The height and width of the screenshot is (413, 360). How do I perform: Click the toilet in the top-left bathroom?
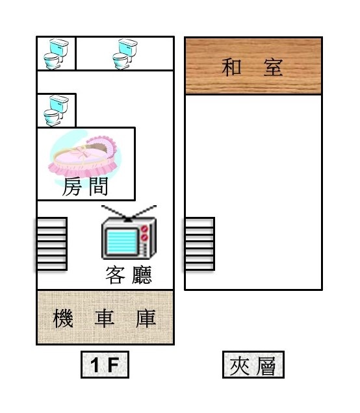click(56, 54)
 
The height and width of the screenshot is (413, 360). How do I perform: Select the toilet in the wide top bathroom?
click(125, 54)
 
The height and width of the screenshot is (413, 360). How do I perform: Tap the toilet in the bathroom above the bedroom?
click(56, 110)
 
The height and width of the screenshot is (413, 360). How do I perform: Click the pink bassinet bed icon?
click(83, 156)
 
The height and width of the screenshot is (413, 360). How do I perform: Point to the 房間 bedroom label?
click(85, 186)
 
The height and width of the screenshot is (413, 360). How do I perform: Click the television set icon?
click(129, 232)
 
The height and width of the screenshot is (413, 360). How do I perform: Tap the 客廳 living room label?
click(129, 275)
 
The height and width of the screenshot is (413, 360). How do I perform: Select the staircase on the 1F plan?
click(51, 244)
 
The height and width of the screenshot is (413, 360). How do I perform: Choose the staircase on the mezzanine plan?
click(199, 244)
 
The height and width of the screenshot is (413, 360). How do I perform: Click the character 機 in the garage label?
click(63, 318)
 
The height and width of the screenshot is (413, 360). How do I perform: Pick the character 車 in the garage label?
click(105, 318)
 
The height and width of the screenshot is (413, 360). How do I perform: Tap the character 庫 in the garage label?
click(146, 318)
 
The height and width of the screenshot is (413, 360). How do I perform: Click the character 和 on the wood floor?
click(231, 67)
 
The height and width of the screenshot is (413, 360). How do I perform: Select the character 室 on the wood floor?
click(274, 67)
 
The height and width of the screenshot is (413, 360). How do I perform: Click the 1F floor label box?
click(105, 364)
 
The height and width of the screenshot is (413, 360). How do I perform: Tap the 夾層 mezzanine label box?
click(253, 364)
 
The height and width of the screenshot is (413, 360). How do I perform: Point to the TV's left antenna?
click(114, 212)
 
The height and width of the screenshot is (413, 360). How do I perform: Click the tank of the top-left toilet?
click(59, 47)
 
